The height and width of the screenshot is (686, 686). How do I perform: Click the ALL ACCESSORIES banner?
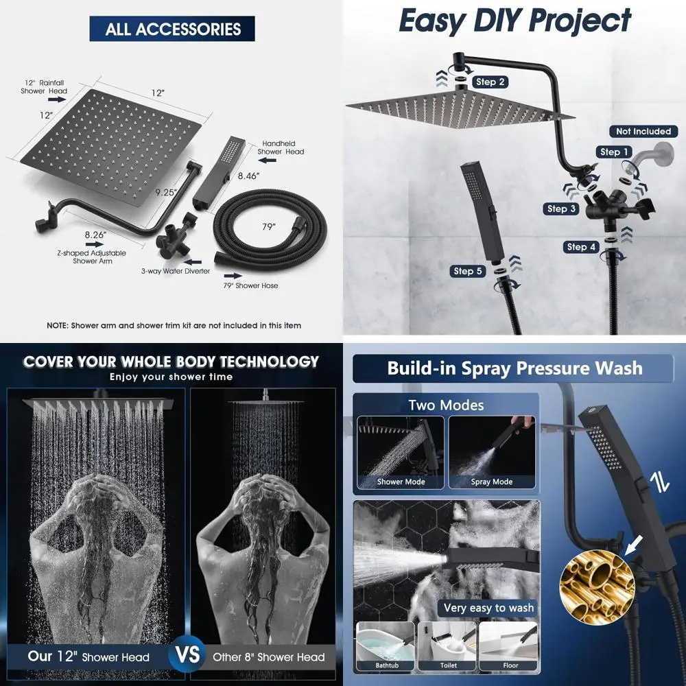[x=172, y=29]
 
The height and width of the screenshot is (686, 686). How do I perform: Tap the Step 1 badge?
[x=614, y=152]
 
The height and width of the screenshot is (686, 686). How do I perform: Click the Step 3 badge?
[x=562, y=209]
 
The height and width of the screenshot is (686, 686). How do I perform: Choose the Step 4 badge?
[x=582, y=247]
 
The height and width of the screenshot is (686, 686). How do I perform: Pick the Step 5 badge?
[x=468, y=271]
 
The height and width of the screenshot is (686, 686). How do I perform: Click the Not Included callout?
[x=643, y=131]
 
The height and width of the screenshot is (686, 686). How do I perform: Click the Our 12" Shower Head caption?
[x=88, y=657]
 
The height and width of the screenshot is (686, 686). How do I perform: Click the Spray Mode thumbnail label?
[x=491, y=482]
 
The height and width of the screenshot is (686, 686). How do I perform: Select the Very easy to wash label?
[x=488, y=608]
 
